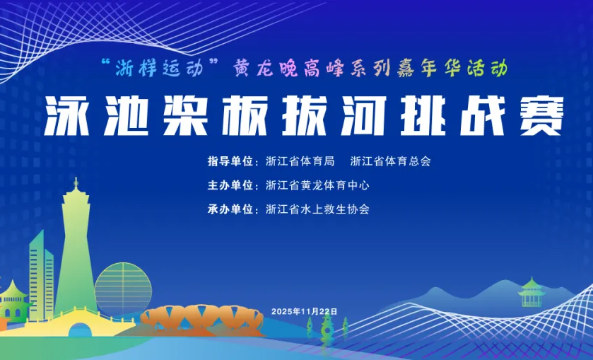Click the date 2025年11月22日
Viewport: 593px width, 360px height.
[304, 311]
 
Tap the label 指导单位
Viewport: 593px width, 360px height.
[230, 161]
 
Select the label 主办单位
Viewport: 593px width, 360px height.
[230, 185]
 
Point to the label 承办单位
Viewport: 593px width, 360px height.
[230, 209]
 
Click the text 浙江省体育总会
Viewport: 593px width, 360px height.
[391, 161]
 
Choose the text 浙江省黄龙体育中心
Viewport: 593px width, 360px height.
[317, 185]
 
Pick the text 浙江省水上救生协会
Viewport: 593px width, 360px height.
[317, 209]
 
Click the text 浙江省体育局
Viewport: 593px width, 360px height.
[300, 161]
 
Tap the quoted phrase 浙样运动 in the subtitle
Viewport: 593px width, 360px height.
[159, 69]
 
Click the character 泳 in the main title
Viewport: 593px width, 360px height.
[67, 116]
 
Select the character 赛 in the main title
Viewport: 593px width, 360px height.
[542, 116]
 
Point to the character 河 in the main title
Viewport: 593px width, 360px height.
[363, 116]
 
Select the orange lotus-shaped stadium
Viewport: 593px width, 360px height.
[201, 318]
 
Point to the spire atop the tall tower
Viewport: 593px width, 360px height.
[76, 184]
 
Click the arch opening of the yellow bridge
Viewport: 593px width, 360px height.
[80, 330]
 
